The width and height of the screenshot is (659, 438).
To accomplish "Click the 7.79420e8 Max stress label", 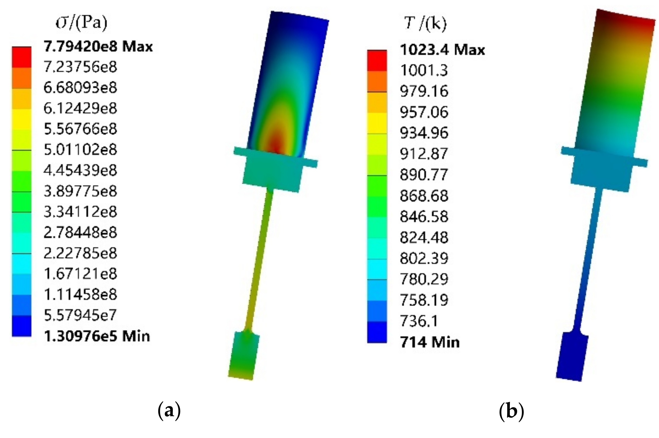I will [x=98, y=46].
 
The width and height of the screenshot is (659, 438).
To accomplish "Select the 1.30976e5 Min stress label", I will [x=96, y=336].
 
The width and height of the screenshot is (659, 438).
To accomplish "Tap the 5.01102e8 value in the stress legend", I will [x=80, y=150].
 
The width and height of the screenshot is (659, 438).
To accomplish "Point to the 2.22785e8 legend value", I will [x=80, y=253].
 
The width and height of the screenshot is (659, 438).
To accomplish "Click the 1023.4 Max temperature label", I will [x=442, y=50].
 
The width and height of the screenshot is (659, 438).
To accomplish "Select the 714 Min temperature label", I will [x=429, y=342].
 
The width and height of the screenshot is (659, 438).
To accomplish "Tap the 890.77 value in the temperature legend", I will [x=424, y=175].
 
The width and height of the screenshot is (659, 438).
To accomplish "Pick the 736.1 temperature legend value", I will [x=420, y=321].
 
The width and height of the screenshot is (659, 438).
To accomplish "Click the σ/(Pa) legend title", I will [x=81, y=23].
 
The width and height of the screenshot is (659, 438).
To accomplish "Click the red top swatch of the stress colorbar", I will [x=22, y=57].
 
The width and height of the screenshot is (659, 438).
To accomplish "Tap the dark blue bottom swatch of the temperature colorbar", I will [x=377, y=333].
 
